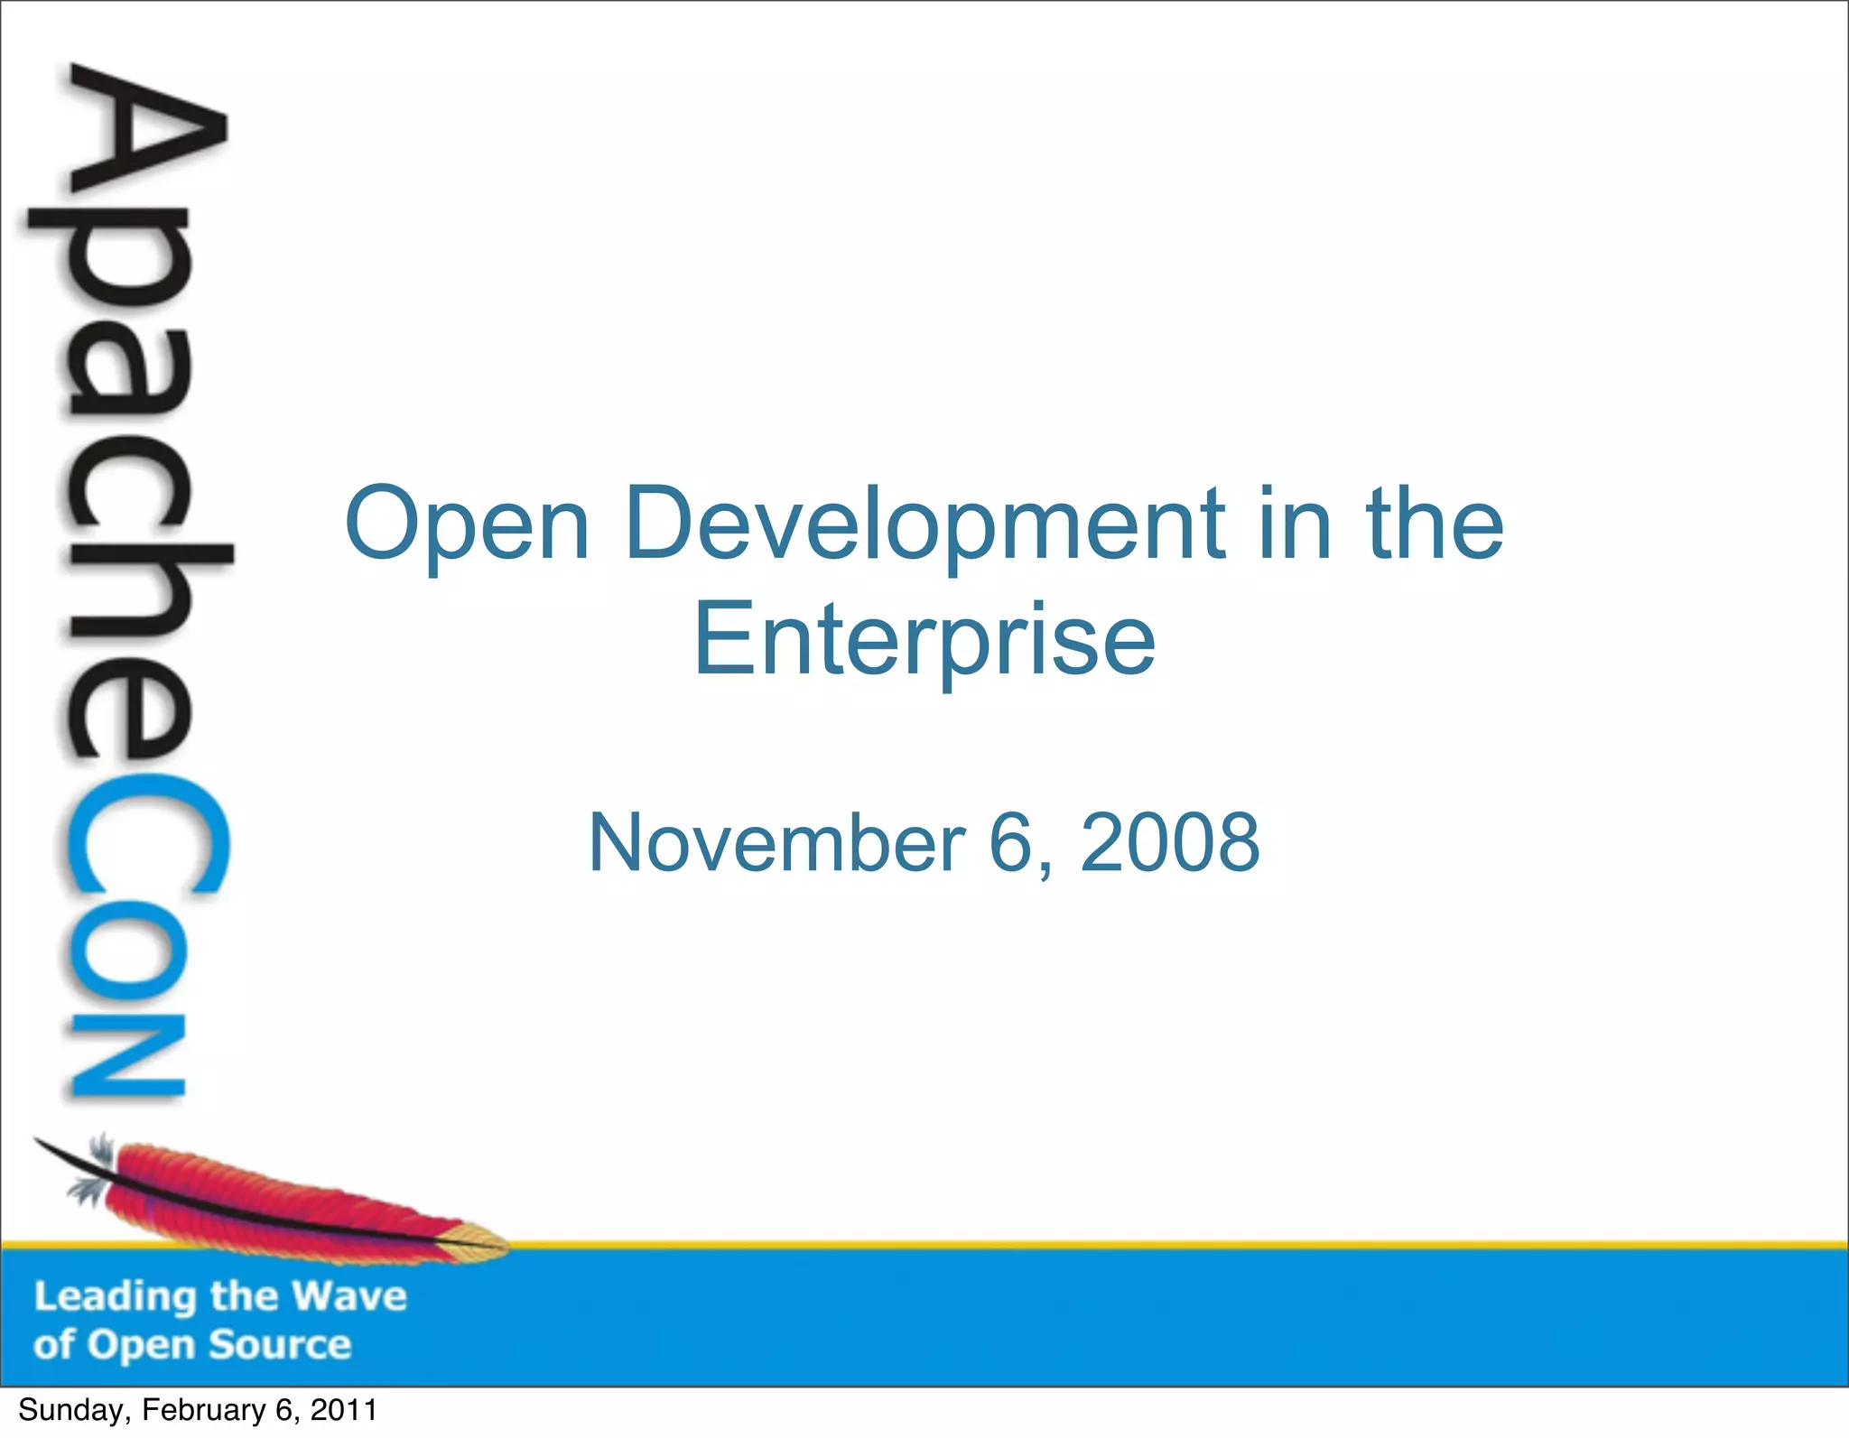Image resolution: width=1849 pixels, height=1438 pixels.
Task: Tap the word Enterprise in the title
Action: click(x=924, y=641)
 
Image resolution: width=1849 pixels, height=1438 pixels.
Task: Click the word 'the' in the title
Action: click(x=1435, y=524)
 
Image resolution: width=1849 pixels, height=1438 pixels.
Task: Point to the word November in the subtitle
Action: click(x=776, y=842)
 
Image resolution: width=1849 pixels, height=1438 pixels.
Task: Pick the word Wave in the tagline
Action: click(x=350, y=1296)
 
